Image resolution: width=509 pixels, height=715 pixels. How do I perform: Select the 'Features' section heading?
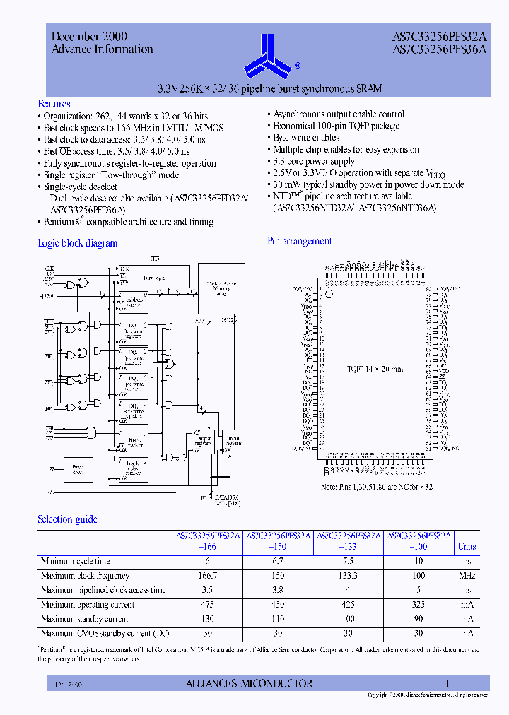[54, 103]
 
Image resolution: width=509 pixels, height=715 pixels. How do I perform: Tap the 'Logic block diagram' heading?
[77, 243]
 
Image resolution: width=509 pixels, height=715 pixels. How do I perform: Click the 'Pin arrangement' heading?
[299, 241]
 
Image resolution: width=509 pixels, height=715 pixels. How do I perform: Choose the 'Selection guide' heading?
[67, 519]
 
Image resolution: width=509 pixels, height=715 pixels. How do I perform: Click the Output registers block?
[203, 442]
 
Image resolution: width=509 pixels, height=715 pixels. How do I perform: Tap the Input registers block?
[232, 442]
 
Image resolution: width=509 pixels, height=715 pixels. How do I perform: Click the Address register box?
[133, 302]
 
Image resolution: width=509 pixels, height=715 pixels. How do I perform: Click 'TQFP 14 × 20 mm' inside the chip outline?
[375, 369]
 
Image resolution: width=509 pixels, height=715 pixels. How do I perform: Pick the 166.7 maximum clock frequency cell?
[207, 576]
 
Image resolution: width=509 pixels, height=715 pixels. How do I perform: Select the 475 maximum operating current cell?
[207, 604]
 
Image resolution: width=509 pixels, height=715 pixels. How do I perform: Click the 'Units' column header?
[467, 546]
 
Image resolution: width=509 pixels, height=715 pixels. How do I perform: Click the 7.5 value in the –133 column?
[348, 561]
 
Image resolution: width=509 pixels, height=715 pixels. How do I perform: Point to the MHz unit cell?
[467, 576]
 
